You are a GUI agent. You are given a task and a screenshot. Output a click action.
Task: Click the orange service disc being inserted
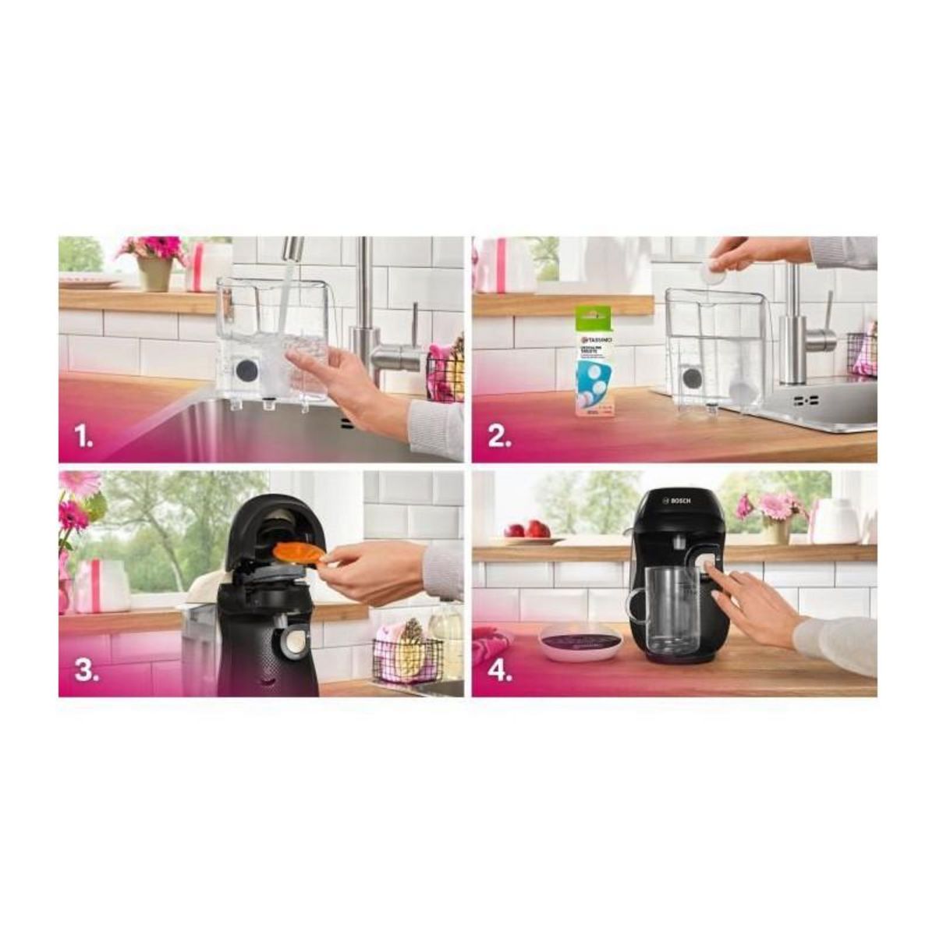point(299,553)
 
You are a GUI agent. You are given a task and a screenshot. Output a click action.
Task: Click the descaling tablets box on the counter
point(593,359)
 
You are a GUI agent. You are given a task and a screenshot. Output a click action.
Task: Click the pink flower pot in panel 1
point(154,273)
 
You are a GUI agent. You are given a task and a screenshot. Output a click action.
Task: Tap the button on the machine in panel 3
point(295,642)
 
